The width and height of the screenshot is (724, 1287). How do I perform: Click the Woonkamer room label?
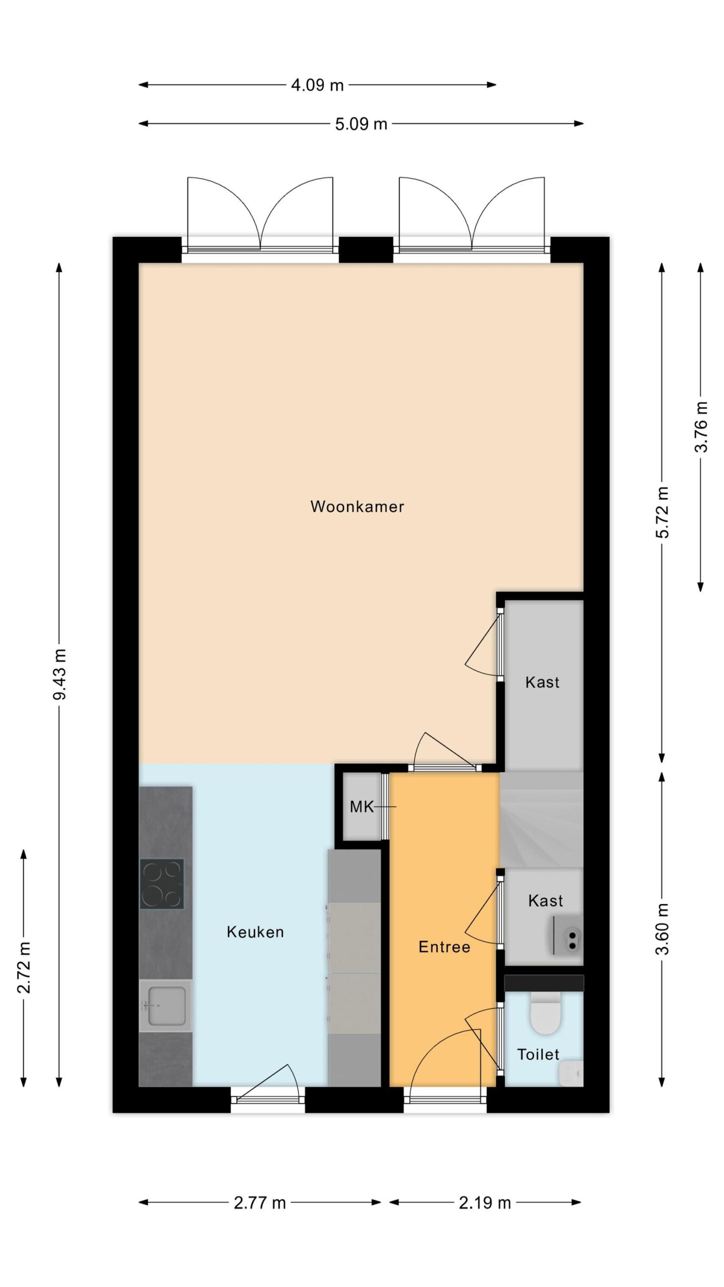357,506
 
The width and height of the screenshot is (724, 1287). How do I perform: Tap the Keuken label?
255,932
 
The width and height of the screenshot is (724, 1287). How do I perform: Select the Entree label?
444,947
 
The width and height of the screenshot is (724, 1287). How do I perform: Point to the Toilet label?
538,1054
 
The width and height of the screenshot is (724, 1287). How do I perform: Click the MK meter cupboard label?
361,807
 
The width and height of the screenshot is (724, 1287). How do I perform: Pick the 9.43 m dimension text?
60,674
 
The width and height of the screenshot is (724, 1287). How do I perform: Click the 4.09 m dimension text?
317,85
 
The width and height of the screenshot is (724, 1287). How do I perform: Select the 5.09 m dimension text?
361,124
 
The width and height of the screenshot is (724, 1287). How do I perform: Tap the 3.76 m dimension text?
701,427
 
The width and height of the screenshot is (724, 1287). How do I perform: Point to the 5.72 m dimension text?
662,512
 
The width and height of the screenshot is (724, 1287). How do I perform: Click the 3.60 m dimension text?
662,929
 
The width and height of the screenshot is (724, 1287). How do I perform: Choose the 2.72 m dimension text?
24,968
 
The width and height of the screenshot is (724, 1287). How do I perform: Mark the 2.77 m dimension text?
259,1203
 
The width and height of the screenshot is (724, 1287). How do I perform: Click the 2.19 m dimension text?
485,1203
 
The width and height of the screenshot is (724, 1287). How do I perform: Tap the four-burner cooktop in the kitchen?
162,883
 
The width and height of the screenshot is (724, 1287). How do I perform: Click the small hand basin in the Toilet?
571,1073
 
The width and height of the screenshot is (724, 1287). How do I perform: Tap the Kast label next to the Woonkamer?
542,682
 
